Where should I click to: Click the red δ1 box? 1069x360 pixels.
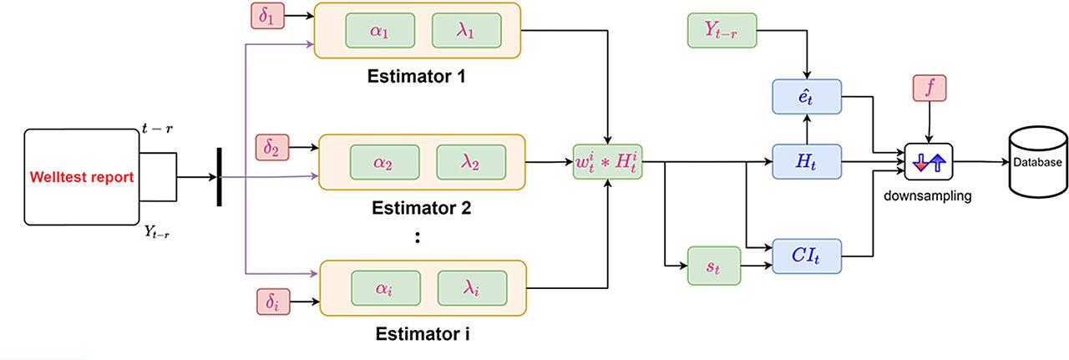(269, 16)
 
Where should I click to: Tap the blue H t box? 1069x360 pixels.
(806, 160)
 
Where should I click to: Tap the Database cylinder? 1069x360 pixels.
(1038, 160)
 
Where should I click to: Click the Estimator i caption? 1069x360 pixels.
(421, 336)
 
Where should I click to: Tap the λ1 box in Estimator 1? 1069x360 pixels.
(466, 30)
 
